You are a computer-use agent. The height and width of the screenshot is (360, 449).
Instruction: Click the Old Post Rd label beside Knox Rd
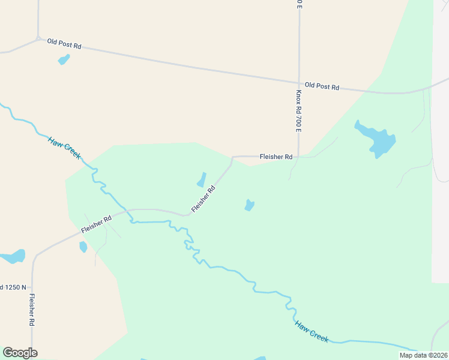click(322, 86)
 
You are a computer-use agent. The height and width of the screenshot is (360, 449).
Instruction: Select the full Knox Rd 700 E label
click(298, 112)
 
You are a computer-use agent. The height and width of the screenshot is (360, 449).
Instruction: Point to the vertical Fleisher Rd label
click(32, 310)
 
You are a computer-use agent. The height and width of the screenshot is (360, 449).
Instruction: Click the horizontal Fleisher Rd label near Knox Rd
click(276, 157)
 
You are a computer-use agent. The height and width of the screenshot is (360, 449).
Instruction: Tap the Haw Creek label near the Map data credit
click(312, 331)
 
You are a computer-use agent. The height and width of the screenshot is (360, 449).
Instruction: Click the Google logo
click(20, 353)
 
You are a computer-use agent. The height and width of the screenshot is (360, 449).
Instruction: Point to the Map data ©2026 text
click(423, 355)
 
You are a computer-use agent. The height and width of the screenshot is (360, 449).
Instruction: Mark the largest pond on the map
click(377, 140)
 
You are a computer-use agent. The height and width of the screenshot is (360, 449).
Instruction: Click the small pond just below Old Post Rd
click(63, 59)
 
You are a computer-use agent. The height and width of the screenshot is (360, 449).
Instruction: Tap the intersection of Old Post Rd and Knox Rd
click(299, 83)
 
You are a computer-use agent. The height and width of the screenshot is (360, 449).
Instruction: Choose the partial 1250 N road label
click(13, 287)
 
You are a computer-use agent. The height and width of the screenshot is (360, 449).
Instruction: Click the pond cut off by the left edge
click(12, 257)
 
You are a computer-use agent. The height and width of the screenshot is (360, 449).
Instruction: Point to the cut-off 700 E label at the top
click(298, 4)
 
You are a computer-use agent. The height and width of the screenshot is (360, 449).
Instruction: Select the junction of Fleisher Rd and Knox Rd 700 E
click(299, 157)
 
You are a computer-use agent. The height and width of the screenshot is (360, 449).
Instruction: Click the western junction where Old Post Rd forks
click(38, 40)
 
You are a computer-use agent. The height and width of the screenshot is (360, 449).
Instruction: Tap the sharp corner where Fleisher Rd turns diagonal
click(232, 158)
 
